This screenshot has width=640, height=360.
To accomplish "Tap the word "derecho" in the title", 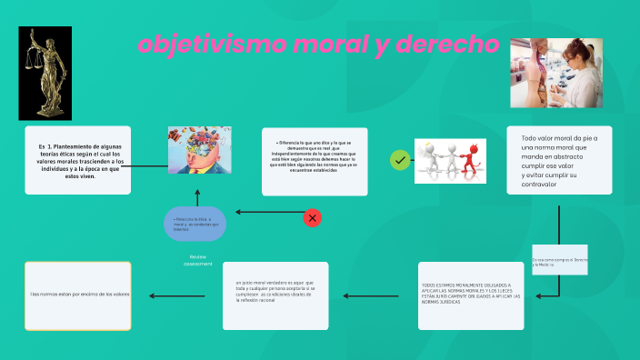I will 445,44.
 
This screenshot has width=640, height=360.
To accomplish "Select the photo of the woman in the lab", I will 544,73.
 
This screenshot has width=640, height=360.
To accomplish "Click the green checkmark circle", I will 399,160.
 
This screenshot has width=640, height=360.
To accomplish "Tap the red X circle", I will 312,217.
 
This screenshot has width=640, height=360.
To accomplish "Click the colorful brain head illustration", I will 199,150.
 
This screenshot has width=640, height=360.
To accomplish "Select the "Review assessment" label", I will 198,260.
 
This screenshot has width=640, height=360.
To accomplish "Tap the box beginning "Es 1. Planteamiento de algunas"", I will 78,160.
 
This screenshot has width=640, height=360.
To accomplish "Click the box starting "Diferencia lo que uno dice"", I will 315,161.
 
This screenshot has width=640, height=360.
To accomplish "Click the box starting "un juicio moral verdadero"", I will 275,295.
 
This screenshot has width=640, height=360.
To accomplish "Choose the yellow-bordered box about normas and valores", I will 78,295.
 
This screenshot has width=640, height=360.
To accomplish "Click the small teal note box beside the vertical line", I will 559,260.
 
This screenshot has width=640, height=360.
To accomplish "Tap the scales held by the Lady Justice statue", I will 31,64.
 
